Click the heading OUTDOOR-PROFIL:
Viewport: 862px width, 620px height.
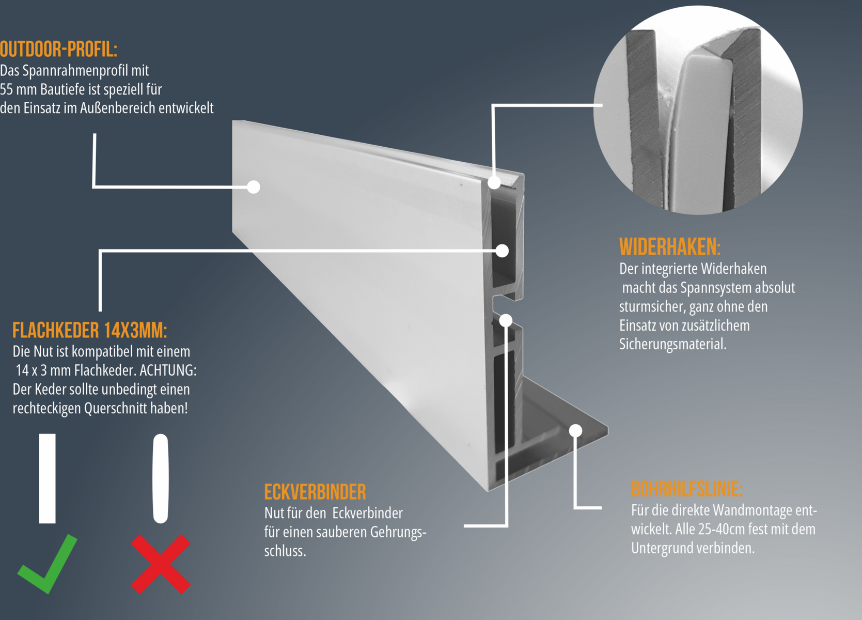point(58,50)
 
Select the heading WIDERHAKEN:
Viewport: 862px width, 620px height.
point(669,246)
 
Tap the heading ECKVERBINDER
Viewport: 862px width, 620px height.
point(315,492)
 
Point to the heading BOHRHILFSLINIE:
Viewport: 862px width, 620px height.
point(687,489)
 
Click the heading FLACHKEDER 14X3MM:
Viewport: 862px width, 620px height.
point(90,330)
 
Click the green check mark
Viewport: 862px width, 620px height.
point(48,564)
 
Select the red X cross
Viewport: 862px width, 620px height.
point(161,564)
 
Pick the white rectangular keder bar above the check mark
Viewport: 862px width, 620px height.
point(48,478)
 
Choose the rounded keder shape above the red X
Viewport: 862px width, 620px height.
point(161,478)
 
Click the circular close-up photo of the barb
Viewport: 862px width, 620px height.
point(698,110)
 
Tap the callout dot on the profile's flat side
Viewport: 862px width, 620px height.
point(254,187)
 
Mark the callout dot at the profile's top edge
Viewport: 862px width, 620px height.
point(494,182)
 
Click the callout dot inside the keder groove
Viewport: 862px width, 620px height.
point(502,251)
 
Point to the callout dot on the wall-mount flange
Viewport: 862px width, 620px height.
point(576,431)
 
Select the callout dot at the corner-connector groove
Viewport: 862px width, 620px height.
point(506,320)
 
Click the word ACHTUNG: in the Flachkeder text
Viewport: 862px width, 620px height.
point(168,370)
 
